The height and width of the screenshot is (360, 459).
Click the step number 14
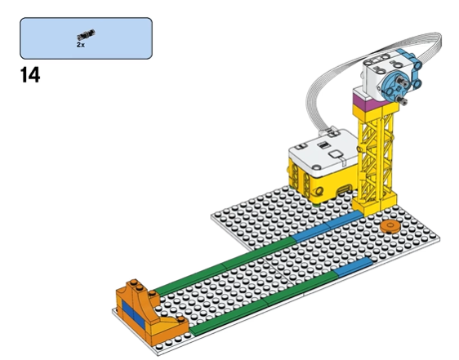pos(30,75)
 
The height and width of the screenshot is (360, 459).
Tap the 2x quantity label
pos(81,45)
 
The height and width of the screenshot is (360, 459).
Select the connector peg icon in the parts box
pos(86,34)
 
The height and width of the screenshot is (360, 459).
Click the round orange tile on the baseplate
pos(390,226)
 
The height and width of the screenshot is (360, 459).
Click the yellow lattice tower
pos(377,158)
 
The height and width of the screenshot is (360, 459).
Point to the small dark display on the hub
pos(323,144)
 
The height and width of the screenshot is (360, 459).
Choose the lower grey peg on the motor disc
pos(403,100)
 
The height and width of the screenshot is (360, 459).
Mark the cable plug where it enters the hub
pos(332,132)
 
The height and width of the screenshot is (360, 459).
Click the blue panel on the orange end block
pos(133,314)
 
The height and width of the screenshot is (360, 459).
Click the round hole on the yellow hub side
pos(319,192)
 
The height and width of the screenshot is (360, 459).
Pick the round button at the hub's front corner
pos(317,167)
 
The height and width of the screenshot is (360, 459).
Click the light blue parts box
pos(86,38)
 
